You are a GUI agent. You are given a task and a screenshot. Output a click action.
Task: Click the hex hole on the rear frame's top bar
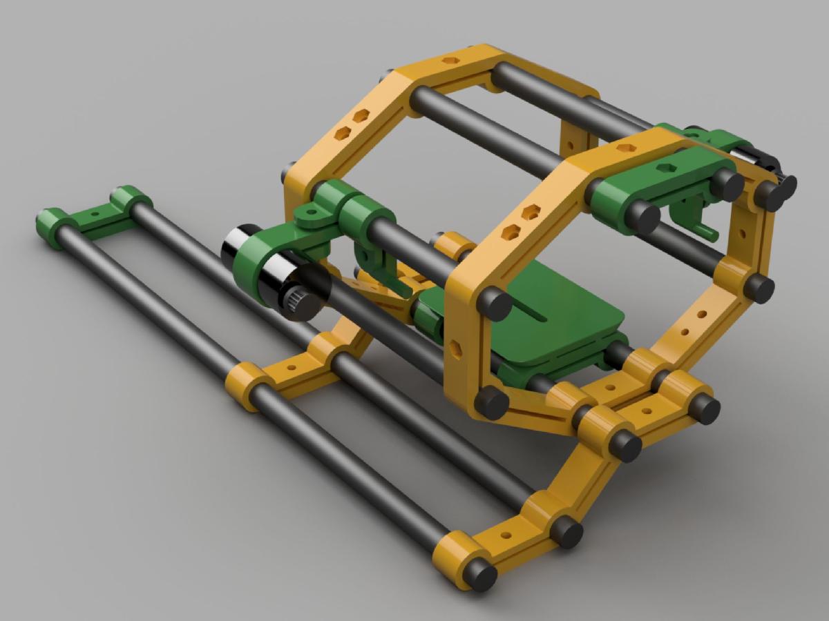451,61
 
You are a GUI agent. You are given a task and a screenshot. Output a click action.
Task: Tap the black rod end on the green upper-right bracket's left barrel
642,216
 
